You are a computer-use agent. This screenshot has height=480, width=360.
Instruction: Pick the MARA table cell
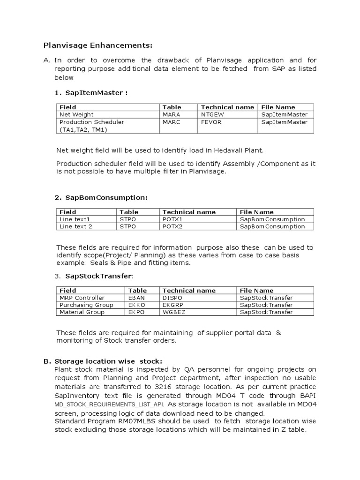171,114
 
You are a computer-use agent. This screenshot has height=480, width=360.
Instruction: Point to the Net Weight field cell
76,114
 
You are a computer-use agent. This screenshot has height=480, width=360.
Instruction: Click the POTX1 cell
172,219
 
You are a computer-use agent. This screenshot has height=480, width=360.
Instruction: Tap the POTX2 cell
172,226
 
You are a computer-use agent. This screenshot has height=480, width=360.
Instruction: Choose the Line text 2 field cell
76,226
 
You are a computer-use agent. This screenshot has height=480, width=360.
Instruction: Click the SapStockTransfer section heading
99,276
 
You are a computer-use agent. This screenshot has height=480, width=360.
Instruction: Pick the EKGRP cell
173,305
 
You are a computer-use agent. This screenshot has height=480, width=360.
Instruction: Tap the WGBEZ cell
173,312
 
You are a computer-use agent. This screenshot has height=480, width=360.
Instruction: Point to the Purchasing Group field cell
82,305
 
